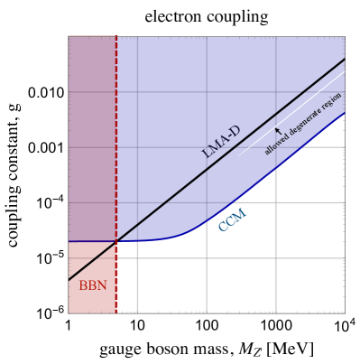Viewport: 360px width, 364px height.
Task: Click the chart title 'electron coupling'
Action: (205, 15)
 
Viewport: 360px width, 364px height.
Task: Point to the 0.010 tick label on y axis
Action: (44, 93)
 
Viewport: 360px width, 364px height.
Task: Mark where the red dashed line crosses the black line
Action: (116, 241)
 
